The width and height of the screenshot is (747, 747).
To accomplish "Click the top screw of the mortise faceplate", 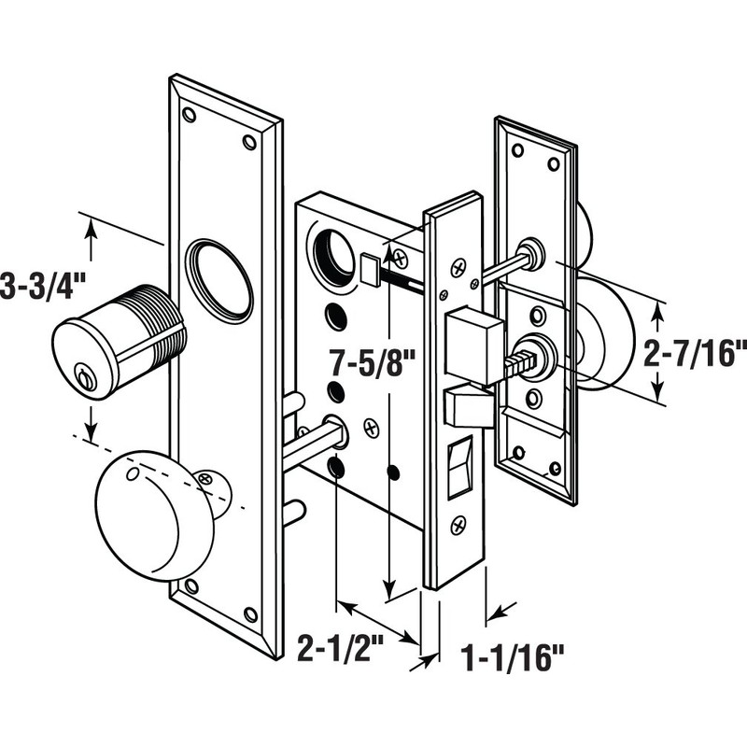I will point(458,267).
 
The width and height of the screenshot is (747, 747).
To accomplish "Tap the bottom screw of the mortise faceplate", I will point(458,526).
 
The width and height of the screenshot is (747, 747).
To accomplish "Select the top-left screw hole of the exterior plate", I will point(190,115).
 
